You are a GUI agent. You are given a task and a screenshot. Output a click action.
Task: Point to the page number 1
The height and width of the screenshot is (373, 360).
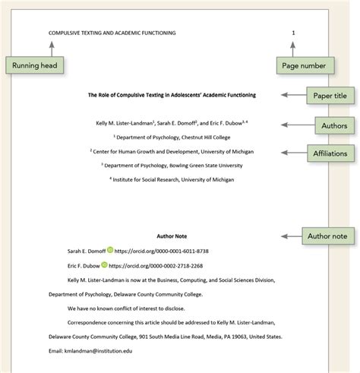[293, 33]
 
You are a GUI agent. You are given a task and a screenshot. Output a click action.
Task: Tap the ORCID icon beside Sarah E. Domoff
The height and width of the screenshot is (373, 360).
[110, 250]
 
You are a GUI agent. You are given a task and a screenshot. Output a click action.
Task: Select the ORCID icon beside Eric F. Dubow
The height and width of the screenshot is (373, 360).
[103, 266]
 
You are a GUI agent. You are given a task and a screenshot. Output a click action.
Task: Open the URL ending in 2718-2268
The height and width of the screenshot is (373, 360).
[154, 266]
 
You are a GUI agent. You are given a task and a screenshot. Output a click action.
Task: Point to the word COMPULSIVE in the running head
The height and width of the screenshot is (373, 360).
[67, 33]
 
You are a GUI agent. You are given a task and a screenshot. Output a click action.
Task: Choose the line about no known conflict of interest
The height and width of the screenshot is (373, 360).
[121, 308]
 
